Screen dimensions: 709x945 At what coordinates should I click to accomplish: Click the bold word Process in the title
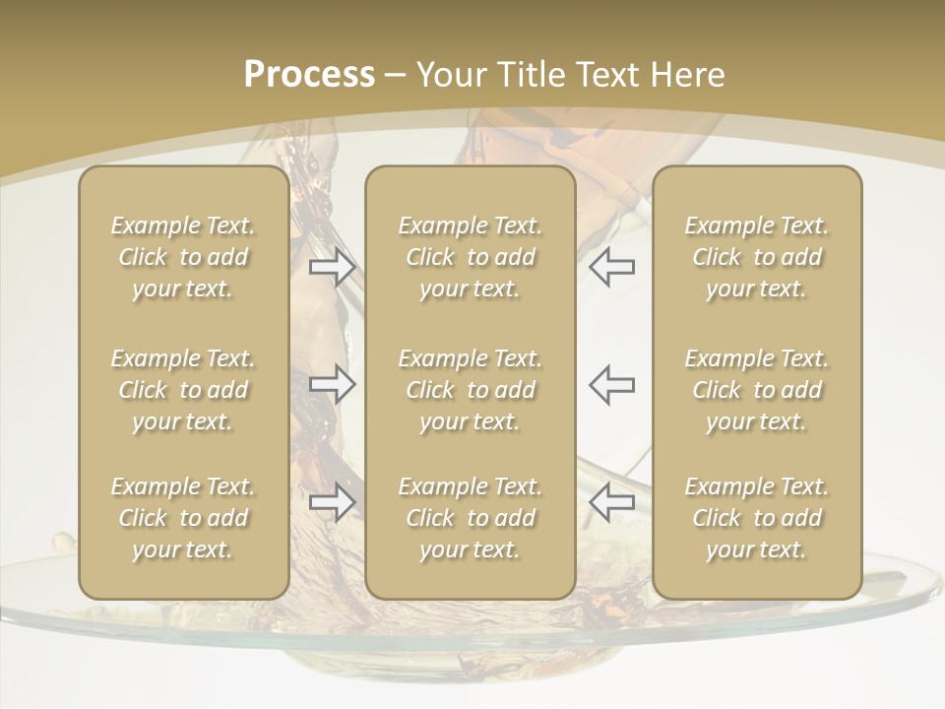click(309, 75)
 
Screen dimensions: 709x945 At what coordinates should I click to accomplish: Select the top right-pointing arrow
click(333, 266)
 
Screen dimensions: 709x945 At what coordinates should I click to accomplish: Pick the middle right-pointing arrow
click(333, 384)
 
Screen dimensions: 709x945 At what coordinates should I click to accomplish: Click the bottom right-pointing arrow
click(333, 502)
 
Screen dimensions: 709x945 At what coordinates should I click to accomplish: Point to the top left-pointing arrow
click(611, 266)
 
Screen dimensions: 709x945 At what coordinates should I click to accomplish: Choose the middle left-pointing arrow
click(611, 384)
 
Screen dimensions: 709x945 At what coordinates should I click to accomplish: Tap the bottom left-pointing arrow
click(611, 502)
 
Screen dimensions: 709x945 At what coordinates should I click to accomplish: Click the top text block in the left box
click(183, 257)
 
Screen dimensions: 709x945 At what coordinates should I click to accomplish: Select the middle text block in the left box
click(183, 390)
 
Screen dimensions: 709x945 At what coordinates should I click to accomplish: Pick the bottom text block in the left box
click(183, 518)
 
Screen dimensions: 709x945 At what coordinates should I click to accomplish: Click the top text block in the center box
click(470, 257)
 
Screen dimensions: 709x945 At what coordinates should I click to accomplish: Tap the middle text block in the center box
click(470, 390)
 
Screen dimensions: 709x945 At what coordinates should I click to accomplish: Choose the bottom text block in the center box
click(470, 518)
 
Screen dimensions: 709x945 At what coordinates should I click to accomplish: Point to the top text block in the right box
click(757, 257)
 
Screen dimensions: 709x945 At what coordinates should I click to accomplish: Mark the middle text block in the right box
click(757, 390)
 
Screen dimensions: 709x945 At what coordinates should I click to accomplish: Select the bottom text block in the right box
click(757, 518)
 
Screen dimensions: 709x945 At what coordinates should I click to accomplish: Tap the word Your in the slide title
click(449, 75)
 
